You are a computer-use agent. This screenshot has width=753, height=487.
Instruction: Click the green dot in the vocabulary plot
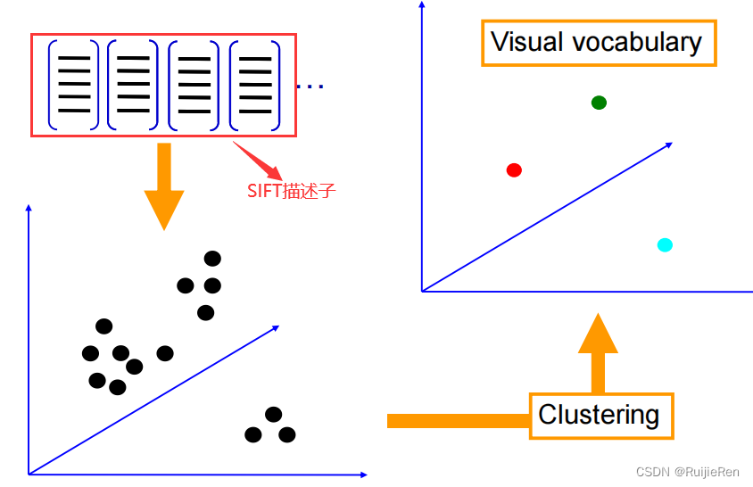(x=599, y=103)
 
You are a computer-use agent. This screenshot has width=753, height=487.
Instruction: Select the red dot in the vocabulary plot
(x=514, y=169)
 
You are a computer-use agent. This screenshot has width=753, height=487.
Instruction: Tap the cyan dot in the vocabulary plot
(x=664, y=244)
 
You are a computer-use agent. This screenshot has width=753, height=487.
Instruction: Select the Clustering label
(x=599, y=415)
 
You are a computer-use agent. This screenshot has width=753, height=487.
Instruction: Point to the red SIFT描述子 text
(x=291, y=191)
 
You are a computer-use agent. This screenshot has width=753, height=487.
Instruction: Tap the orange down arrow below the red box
(x=163, y=191)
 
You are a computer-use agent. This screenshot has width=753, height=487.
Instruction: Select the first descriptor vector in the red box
(x=73, y=85)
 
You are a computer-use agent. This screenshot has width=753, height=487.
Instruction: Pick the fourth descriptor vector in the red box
(x=255, y=85)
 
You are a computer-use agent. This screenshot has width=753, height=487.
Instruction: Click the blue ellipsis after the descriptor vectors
(x=310, y=87)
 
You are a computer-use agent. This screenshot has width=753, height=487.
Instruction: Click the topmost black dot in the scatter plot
(x=212, y=259)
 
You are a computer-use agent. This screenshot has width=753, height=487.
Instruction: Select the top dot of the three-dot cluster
(x=274, y=414)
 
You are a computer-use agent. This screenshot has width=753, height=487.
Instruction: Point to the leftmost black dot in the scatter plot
(x=90, y=353)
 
